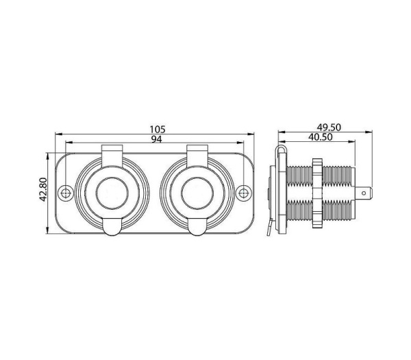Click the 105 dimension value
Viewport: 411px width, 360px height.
coord(158,129)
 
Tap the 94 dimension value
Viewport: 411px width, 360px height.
coord(157,139)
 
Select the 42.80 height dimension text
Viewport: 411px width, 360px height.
coord(43,189)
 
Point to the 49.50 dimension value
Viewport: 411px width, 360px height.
coord(329,128)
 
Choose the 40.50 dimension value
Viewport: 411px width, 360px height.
coord(321,137)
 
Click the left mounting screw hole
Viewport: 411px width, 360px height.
coord(66,193)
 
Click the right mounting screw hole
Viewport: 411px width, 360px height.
coord(244,193)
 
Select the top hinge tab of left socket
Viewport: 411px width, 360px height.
coord(112,156)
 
